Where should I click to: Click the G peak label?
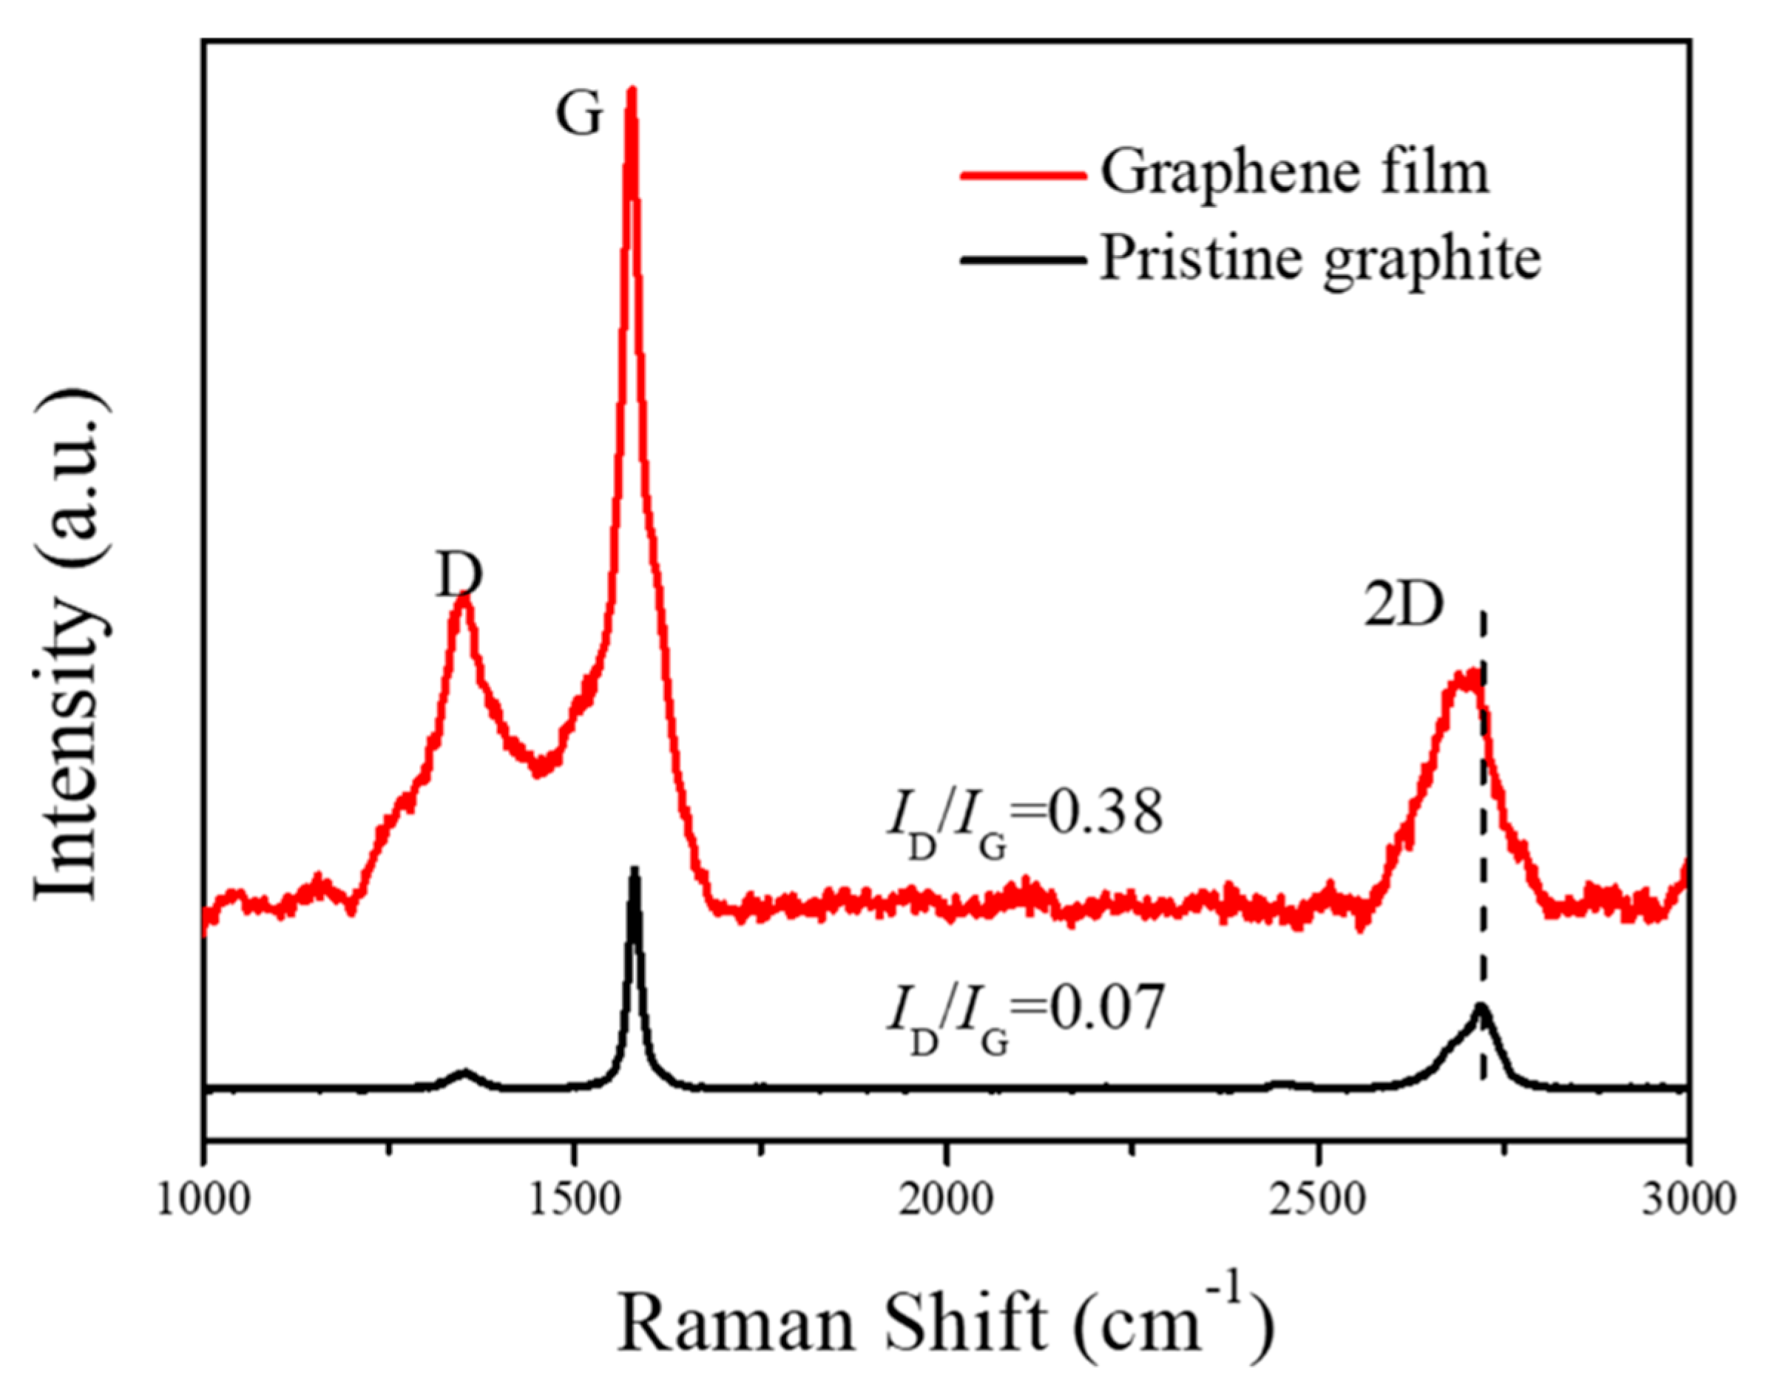pos(578,114)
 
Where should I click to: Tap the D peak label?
pos(459,577)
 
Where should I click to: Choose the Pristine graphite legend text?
pos(1320,260)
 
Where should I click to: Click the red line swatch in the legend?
pos(1024,174)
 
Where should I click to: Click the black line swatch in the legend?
pos(1024,261)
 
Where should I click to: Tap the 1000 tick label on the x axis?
pos(204,1201)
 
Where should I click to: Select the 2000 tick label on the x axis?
pos(946,1201)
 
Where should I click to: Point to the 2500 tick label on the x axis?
pos(1317,1201)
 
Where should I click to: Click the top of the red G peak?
pos(630,89)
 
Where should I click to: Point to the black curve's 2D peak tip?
pos(1481,1007)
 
